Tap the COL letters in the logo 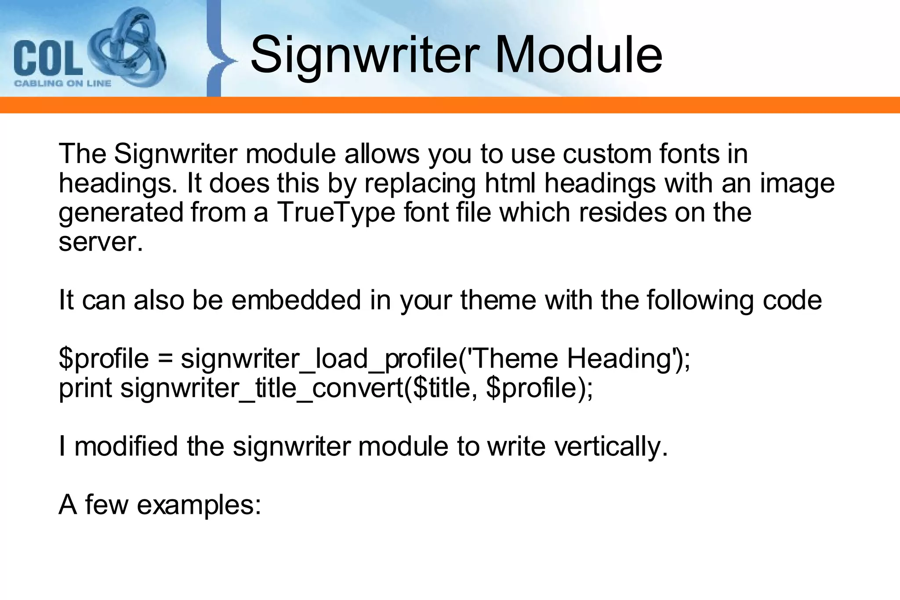pyautogui.click(x=47, y=58)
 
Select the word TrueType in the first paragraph pyautogui.click(x=336, y=212)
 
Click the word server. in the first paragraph pyautogui.click(x=101, y=242)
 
